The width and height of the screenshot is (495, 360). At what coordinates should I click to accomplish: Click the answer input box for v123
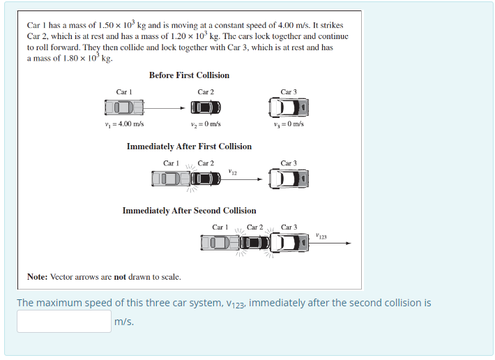(64, 321)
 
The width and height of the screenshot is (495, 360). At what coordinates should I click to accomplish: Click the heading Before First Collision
(189, 75)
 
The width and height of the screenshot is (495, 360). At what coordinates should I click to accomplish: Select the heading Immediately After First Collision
(189, 147)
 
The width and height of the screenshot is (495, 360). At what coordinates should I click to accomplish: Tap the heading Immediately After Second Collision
(189, 211)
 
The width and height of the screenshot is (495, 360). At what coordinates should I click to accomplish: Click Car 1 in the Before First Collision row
(124, 107)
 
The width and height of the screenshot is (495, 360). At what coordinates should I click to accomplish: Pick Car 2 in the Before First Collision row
(206, 107)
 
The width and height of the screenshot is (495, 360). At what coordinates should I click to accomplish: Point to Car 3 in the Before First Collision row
(289, 107)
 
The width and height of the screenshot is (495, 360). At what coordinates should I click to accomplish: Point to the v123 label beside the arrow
(321, 237)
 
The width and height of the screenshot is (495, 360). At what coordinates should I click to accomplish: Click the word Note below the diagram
(37, 277)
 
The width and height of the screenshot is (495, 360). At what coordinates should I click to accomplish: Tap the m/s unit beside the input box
(124, 322)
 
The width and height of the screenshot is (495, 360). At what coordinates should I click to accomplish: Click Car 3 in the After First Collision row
(289, 179)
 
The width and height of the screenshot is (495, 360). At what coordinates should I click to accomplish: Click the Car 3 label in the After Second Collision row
(289, 227)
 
